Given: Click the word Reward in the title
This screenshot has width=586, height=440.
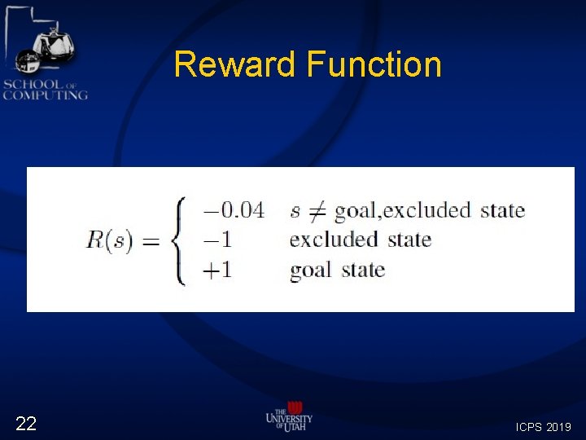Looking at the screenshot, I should [x=235, y=64].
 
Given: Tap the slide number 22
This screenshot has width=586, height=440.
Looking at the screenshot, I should [x=26, y=423].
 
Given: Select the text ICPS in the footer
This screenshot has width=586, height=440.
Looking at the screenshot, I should [x=530, y=427].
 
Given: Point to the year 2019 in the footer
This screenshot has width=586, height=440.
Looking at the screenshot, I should [x=559, y=427].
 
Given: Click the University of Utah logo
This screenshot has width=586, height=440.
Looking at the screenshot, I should [x=289, y=416].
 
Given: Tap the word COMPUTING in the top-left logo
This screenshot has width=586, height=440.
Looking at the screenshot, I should [x=45, y=95].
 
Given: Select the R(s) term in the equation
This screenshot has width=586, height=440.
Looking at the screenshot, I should [x=109, y=242].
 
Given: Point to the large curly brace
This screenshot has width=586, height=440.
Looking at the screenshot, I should [x=180, y=241].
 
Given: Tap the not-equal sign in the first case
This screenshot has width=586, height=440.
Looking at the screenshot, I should [x=315, y=212].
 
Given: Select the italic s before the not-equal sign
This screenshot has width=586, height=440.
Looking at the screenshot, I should [x=295, y=212].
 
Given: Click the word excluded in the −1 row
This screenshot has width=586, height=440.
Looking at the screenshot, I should [x=334, y=240].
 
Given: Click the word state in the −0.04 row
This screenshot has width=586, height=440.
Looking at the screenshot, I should [x=502, y=210].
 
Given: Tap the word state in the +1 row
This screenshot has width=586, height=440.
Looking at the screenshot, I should [x=363, y=271].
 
